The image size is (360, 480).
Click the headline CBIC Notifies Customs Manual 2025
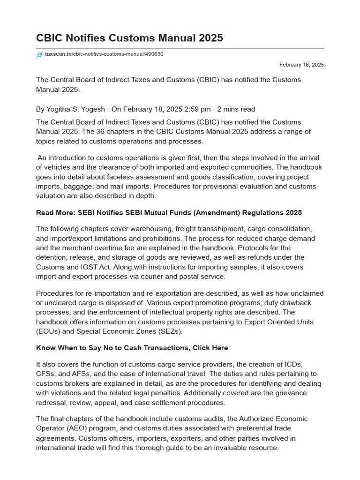coord(129,38)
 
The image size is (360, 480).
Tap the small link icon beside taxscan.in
coord(39,54)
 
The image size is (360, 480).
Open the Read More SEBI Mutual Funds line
coord(169,213)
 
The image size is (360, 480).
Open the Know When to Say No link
coord(132,348)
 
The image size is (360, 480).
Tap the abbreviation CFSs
coord(46,374)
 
